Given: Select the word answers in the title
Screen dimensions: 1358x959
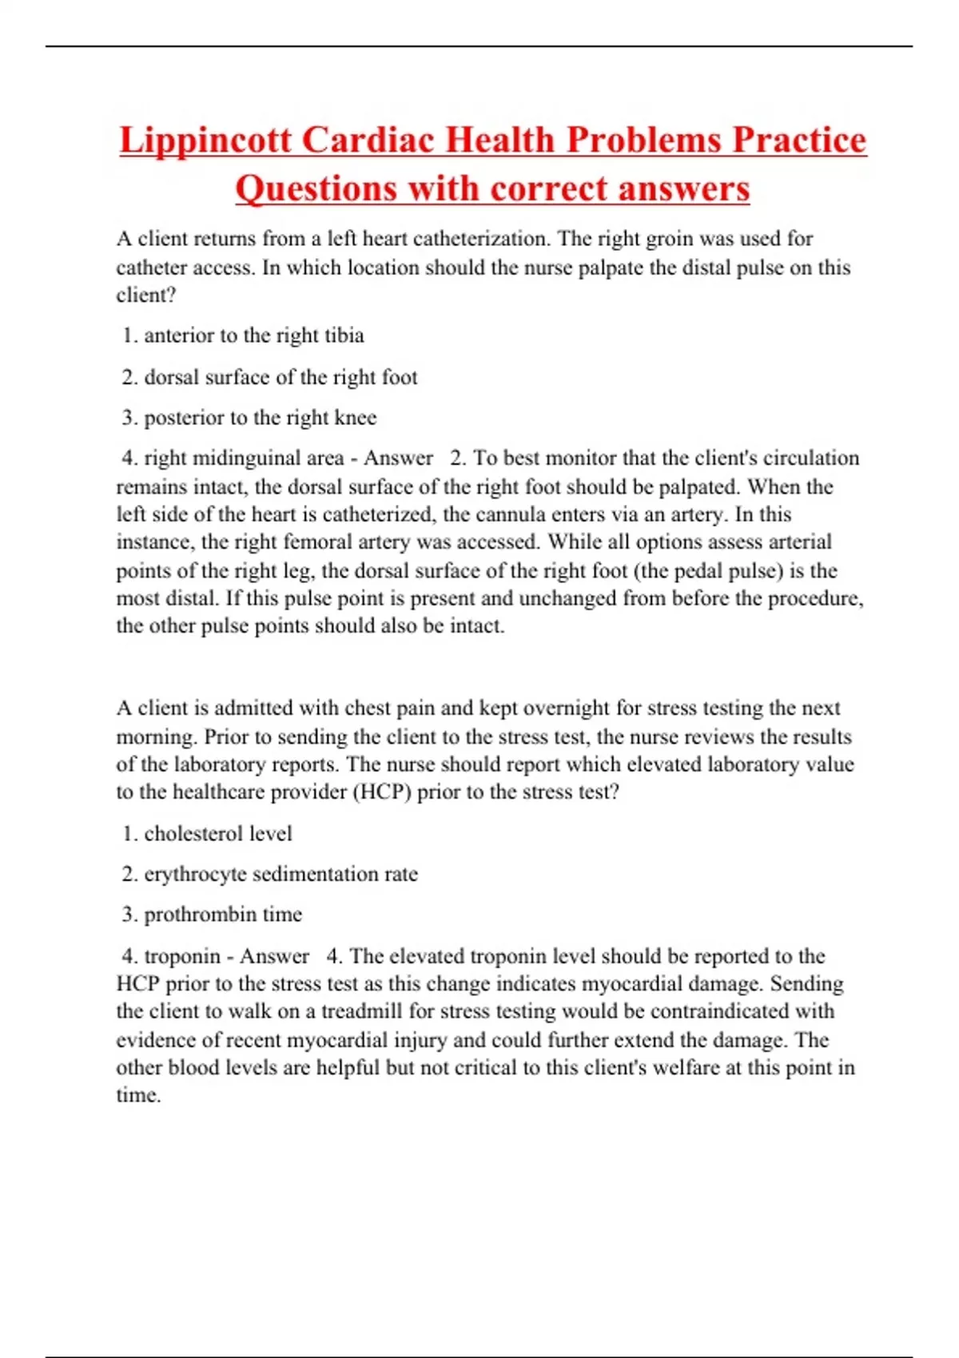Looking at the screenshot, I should (684, 189).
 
